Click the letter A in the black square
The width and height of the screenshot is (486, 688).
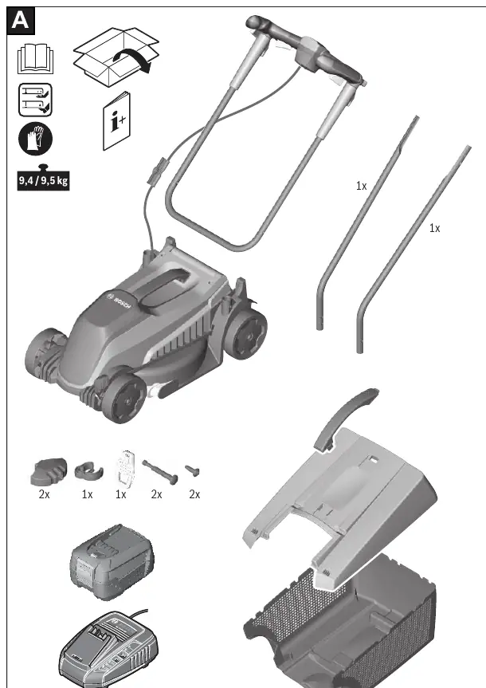click(21, 21)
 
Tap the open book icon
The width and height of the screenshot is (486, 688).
click(36, 58)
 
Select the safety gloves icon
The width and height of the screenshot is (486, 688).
click(35, 139)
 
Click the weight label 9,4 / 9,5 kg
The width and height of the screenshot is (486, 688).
click(43, 180)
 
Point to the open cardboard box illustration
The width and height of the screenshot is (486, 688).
click(116, 56)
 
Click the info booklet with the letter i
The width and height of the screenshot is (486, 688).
click(116, 121)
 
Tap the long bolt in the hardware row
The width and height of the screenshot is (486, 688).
click(159, 471)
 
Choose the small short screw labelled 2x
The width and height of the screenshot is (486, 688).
click(192, 470)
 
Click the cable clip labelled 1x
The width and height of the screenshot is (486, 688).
click(88, 470)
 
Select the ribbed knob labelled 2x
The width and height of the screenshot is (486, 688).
click(49, 471)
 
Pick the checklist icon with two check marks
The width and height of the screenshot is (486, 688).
click(35, 100)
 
